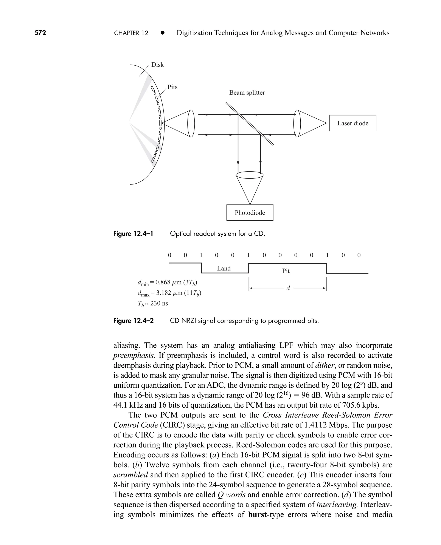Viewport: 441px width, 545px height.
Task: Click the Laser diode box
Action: tap(352, 123)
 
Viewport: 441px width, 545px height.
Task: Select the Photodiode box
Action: tap(250, 213)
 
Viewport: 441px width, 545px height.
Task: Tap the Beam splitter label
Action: tap(247, 93)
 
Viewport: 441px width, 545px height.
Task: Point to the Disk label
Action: tap(157, 65)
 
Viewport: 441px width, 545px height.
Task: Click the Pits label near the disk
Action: tap(172, 87)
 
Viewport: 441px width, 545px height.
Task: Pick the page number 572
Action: tap(40, 33)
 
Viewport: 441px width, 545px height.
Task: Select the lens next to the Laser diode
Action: tap(297, 123)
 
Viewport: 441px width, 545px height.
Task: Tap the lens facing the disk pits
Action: tap(191, 123)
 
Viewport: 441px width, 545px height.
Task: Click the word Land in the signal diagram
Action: tap(224, 268)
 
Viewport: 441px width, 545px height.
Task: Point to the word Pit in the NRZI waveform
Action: tap(286, 271)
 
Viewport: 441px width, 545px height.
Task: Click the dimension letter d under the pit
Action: tap(288, 288)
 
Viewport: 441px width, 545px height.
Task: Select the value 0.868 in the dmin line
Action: tap(163, 282)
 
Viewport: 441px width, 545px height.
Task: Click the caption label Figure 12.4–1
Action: tap(133, 233)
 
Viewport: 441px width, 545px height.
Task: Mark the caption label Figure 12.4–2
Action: tap(133, 321)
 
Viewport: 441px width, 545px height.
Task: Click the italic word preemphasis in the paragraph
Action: tap(133, 356)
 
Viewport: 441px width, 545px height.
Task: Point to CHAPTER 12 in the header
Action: tap(131, 33)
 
